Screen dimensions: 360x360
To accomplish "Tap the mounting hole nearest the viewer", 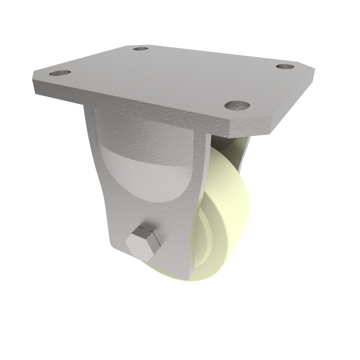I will click(237, 105).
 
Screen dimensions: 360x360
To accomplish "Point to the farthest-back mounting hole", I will click(141, 48).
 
